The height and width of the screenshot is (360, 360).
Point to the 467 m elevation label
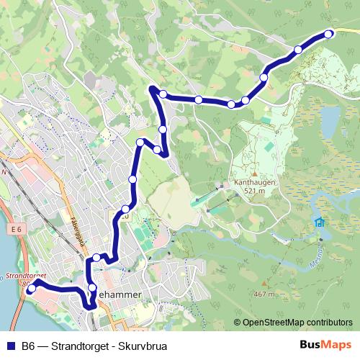264,294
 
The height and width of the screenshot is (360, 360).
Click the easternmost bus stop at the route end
328,34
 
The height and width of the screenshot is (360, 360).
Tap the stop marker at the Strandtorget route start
31,288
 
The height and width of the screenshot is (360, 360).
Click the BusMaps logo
325,345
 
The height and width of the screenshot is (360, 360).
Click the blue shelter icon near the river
318,222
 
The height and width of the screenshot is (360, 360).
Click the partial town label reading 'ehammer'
124,294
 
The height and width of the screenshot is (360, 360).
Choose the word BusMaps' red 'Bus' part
311,345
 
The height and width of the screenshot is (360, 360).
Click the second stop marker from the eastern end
298,50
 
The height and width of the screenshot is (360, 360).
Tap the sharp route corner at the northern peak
152,88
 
